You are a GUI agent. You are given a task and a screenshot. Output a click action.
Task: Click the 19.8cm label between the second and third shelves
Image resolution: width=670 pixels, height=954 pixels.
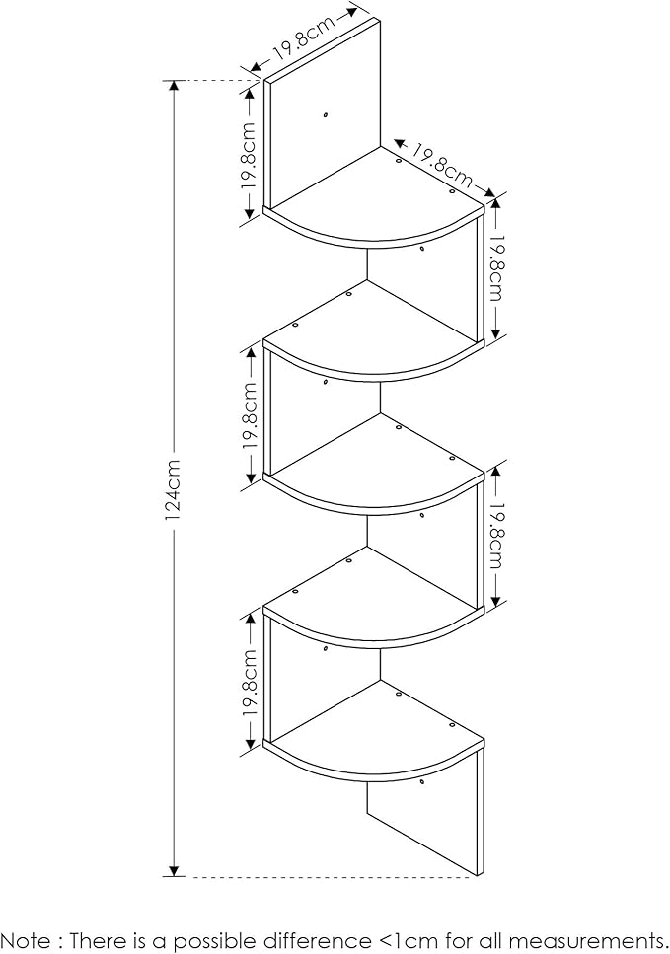[x=250, y=416]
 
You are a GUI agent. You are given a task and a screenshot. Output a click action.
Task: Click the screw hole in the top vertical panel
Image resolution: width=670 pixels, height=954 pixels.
[x=326, y=114]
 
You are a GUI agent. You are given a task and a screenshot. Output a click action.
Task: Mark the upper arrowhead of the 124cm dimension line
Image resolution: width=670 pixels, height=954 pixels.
[x=174, y=87]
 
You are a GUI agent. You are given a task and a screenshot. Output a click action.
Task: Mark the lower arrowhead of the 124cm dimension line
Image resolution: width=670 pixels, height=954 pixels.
[x=174, y=870]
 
